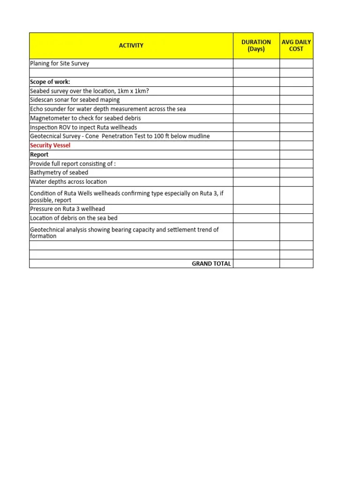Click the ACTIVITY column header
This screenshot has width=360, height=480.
[131, 45]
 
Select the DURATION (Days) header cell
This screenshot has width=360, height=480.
[256, 45]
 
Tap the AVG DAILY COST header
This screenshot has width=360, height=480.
[296, 45]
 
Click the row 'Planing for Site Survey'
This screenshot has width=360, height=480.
[60, 63]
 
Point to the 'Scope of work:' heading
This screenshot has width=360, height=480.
[50, 82]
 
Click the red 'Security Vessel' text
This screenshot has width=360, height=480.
[50, 145]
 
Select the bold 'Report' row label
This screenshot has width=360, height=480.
[39, 154]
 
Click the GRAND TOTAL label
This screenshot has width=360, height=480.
[211, 263]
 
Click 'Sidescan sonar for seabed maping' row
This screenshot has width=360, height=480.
[75, 100]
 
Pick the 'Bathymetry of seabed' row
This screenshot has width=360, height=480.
[59, 172]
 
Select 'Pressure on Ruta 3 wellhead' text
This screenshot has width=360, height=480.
[67, 209]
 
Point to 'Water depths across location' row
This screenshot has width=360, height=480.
[68, 181]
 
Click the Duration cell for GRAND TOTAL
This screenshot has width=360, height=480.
[256, 263]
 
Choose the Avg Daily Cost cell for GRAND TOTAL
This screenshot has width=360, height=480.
[296, 263]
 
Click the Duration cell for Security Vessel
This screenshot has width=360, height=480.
[256, 145]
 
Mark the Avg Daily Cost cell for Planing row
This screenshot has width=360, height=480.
[296, 63]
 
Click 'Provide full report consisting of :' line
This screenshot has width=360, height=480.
[73, 164]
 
